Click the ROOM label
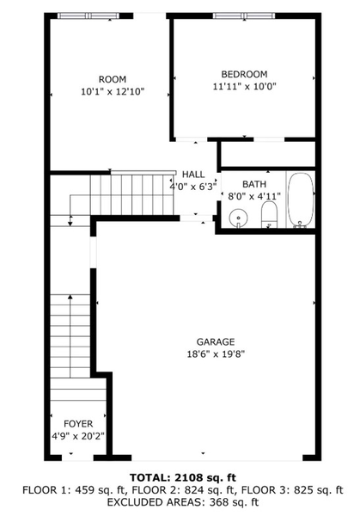[112, 79]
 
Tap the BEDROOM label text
[244, 74]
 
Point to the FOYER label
[78, 424]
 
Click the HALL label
[192, 175]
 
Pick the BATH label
[254, 184]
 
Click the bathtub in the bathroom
[300, 200]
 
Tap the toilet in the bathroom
[269, 214]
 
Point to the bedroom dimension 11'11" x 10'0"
[244, 86]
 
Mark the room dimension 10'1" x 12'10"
[112, 91]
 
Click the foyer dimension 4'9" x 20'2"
[78, 436]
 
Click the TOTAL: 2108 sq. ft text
[182, 477]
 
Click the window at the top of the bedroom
[238, 15]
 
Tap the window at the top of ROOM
[90, 15]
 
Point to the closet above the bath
[268, 154]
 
